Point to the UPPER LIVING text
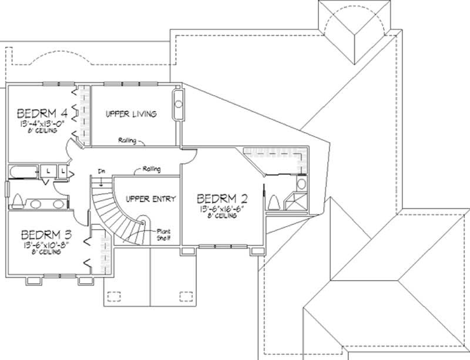coord(130,114)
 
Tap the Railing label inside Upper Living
coord(127,140)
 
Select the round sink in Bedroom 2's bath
coord(301,184)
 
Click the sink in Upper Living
coord(178,106)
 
